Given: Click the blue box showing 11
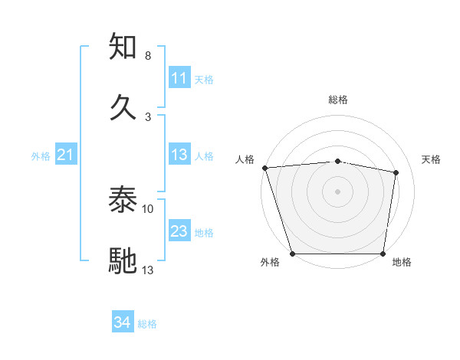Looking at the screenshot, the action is pos(179,78).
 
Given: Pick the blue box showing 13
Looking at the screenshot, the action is pos(179,155).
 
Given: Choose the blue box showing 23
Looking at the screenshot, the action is pos(179,231).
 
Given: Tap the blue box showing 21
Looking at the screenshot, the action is pos(66,155).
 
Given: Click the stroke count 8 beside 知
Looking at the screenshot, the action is pos(147,56).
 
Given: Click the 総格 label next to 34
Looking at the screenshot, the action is pos(147,324).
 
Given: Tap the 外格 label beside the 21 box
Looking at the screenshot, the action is pos(41,156).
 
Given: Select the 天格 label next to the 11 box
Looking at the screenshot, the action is pos(204,79).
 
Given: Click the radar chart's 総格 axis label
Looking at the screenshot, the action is pos(338,100).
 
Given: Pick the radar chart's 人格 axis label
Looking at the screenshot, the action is pos(245,159).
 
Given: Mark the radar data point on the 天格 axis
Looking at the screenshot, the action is pos(396,172).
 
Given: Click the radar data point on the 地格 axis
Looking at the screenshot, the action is pos(383,254).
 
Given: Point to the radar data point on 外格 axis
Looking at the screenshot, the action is pos(293,254).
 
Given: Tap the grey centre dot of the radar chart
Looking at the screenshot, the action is pos(338,191).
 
